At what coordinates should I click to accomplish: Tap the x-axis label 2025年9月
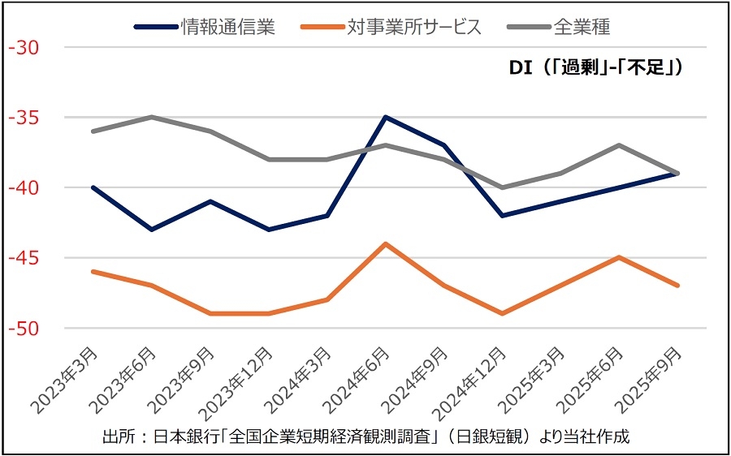coord(650,380)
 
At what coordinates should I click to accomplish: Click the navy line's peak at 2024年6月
coord(386,117)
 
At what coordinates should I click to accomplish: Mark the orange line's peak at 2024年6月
coord(386,243)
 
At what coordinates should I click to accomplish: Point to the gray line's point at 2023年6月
coord(151,117)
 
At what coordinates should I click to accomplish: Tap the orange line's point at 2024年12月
coord(503,313)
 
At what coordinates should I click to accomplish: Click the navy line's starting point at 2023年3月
coord(93,187)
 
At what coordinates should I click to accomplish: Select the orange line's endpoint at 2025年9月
coord(679,286)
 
